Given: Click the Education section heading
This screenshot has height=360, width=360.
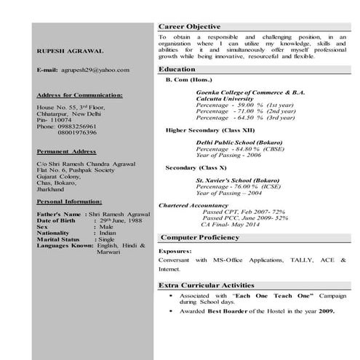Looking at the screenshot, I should (x=177, y=69).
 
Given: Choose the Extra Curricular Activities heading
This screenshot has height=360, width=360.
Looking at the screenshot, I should (x=207, y=286).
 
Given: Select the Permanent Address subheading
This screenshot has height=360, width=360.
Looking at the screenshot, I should (x=66, y=151).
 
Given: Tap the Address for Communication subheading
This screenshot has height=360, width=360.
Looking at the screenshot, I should (x=79, y=95).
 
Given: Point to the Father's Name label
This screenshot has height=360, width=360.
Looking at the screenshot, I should (x=59, y=215).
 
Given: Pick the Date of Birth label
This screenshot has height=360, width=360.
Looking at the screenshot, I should (x=57, y=221).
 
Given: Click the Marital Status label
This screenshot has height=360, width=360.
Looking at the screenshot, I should (x=58, y=239).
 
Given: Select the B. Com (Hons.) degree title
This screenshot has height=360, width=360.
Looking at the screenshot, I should (x=191, y=79).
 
